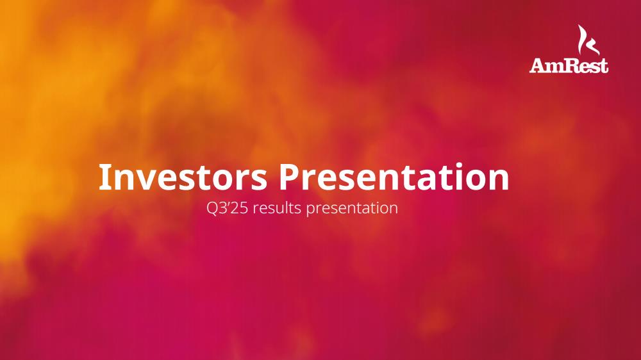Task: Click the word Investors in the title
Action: click(183, 177)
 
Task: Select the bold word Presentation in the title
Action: click(394, 177)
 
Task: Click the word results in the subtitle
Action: click(277, 208)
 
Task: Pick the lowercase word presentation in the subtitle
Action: click(352, 208)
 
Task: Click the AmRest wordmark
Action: click(569, 65)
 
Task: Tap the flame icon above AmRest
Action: click(588, 40)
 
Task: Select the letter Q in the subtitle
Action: click(213, 208)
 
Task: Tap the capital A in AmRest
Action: click(538, 65)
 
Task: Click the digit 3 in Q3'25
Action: click(223, 208)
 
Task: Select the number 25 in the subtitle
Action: click(240, 208)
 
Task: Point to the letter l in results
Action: click(287, 208)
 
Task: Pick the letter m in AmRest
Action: click(557, 67)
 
